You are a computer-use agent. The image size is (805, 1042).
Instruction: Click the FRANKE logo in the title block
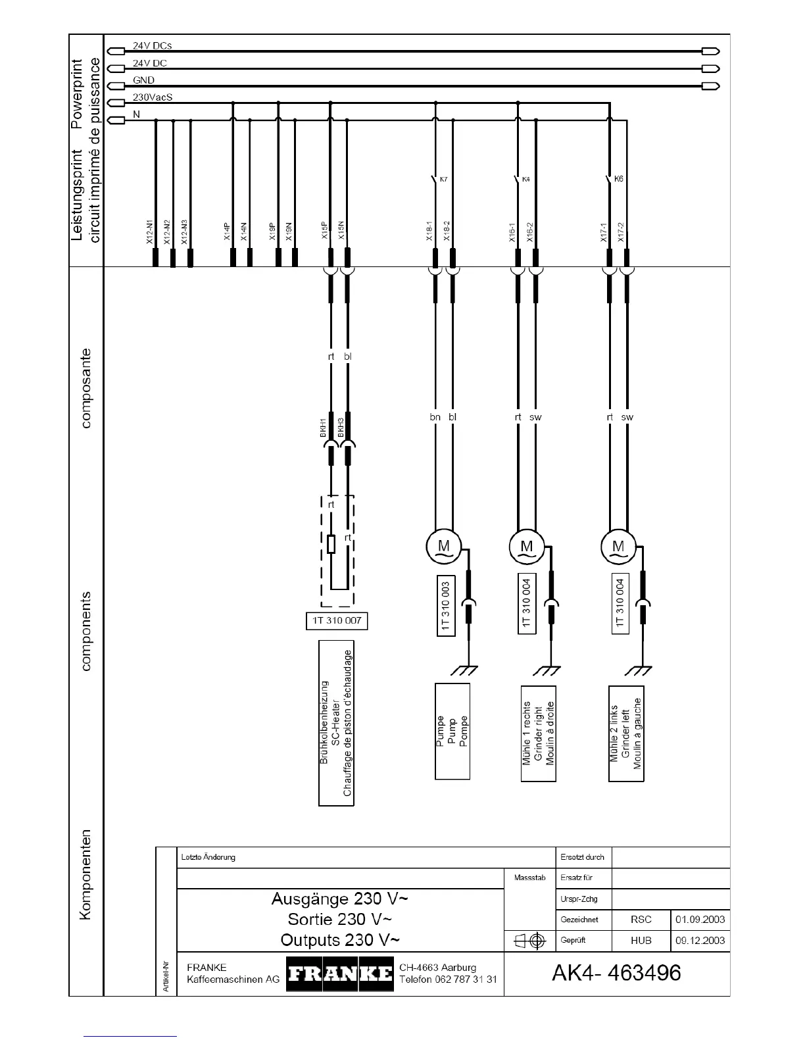[340, 974]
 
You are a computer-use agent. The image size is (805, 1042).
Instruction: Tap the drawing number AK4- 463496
[616, 972]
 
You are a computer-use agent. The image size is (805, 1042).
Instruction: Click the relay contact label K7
[443, 179]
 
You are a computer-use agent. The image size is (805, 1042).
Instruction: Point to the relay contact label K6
[618, 179]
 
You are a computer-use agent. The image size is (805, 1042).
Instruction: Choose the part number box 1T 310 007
[337, 620]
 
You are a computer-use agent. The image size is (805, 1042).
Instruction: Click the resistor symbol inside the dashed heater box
[331, 544]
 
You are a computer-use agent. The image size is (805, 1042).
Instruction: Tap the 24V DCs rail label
[152, 46]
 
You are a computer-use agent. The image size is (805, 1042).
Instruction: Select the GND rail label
[143, 80]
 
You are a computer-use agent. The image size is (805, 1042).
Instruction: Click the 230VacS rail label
[153, 97]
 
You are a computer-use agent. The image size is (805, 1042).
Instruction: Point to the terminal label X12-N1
[150, 233]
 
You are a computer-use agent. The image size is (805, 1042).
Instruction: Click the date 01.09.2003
[700, 920]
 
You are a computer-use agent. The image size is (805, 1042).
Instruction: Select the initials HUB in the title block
[641, 941]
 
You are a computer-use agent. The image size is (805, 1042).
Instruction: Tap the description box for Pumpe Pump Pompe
[452, 731]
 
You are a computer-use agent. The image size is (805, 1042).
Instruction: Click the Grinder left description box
[626, 734]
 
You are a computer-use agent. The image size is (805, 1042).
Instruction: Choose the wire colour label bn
[435, 417]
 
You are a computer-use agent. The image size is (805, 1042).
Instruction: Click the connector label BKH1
[324, 428]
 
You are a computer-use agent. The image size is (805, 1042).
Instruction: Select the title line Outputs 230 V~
[340, 939]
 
